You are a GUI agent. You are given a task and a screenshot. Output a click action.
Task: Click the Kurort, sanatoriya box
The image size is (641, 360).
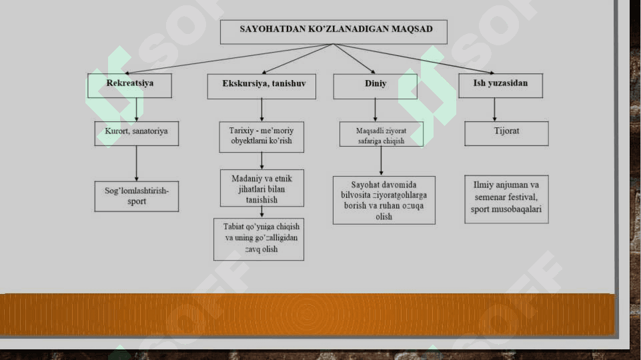(x=136, y=133)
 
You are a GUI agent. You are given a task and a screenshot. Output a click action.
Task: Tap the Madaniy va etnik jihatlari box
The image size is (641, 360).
(x=261, y=189)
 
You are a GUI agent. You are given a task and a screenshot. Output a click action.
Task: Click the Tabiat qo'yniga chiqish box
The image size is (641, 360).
(x=259, y=239)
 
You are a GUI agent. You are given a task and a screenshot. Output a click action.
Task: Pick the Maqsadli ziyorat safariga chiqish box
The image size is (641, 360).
(x=381, y=134)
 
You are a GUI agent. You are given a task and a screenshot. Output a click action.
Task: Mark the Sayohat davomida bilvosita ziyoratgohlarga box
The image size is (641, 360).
(x=384, y=200)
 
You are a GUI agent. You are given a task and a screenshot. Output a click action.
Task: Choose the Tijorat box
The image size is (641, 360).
(x=506, y=133)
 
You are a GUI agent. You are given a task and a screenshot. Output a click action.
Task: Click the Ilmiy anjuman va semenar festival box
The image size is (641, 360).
(x=506, y=199)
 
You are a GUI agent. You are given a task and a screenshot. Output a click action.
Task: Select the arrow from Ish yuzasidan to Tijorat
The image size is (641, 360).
(x=494, y=109)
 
